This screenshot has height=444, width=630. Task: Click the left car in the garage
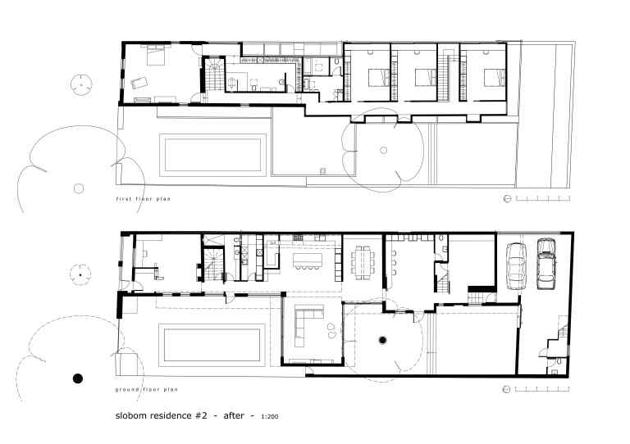pos(516,264)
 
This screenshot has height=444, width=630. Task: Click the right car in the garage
pos(547,264)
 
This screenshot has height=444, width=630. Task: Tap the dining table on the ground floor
pos(361,263)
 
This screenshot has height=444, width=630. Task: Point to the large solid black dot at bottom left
pos(78,378)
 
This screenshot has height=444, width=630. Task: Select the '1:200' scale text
pos(270,418)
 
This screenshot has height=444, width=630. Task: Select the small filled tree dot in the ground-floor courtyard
pos(382,338)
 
